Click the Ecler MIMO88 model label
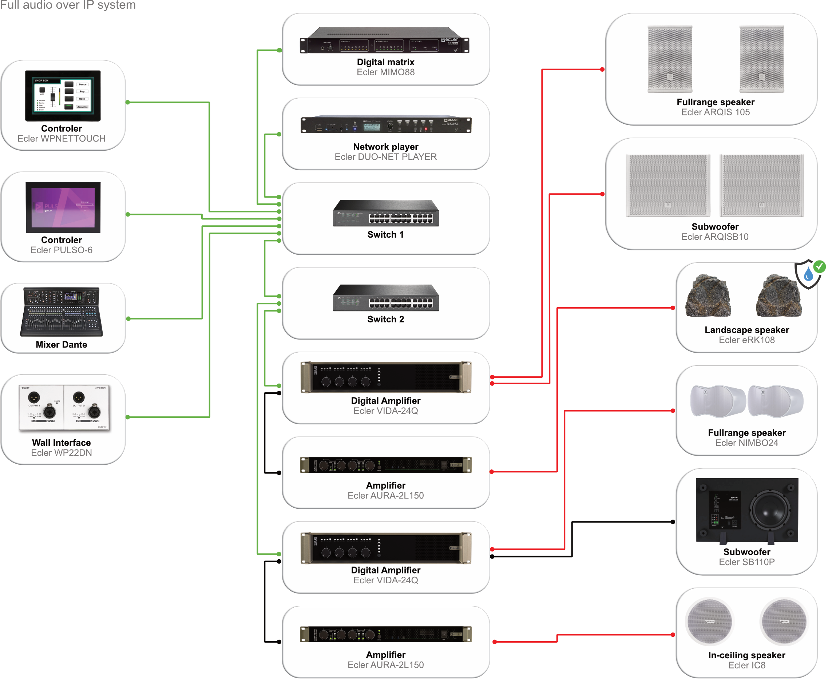pyautogui.click(x=385, y=72)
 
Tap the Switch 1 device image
pyautogui.click(x=386, y=213)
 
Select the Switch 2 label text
pyautogui.click(x=385, y=319)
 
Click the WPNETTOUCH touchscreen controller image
pyautogui.click(x=63, y=96)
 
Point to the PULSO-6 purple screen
pyautogui.click(x=63, y=207)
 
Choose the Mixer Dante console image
pyautogui.click(x=62, y=312)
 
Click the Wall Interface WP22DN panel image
pyautogui.click(x=64, y=408)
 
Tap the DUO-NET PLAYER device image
pyautogui.click(x=386, y=125)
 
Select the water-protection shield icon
pyautogui.click(x=807, y=275)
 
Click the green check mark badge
pyautogui.click(x=819, y=267)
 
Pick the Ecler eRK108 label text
pyautogui.click(x=746, y=340)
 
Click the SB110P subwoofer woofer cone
pyautogui.click(x=769, y=510)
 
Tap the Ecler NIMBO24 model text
pyautogui.click(x=746, y=443)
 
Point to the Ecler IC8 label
pyautogui.click(x=746, y=665)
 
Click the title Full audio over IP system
pyautogui.click(x=68, y=5)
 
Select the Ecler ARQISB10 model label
pyautogui.click(x=714, y=237)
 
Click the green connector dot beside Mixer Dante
pyautogui.click(x=128, y=319)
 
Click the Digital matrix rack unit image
pyautogui.click(x=384, y=41)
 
